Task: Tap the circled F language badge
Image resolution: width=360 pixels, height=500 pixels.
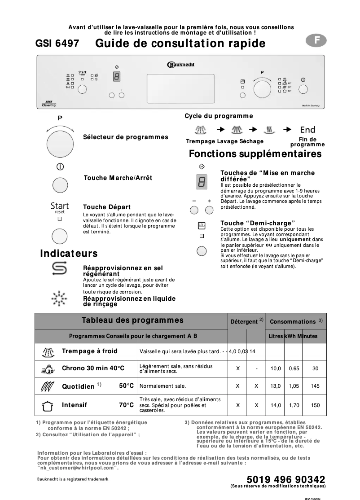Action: [316, 40]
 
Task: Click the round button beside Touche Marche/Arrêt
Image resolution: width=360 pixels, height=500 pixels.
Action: [60, 184]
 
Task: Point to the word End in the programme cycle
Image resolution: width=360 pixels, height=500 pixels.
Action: [307, 130]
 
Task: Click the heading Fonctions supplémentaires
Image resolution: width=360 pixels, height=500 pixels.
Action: [255, 154]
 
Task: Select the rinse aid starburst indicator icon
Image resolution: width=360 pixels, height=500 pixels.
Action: [59, 298]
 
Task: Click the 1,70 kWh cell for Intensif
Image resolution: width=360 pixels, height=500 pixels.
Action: [294, 405]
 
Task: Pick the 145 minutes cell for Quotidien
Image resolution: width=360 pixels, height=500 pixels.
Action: [315, 386]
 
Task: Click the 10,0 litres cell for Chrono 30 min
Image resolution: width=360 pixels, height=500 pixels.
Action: [275, 368]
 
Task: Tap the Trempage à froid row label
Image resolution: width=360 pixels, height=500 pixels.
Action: [90, 351]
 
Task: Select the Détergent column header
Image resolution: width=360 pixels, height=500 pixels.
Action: [244, 322]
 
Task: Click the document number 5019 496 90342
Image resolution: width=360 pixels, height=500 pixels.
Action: [286, 479]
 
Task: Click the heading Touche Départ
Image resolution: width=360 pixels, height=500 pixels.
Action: [107, 207]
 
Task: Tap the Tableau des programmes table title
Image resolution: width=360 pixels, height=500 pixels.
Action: [132, 320]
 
